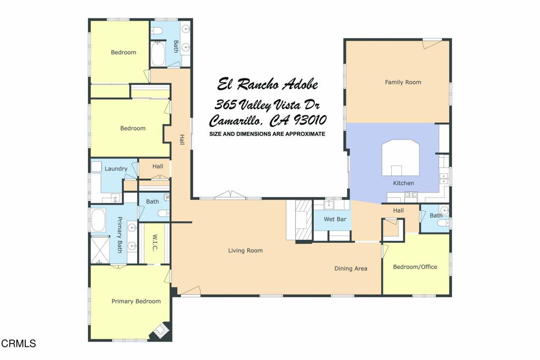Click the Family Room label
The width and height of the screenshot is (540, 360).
pyautogui.click(x=403, y=82)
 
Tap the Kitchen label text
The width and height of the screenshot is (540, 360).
pyautogui.click(x=403, y=183)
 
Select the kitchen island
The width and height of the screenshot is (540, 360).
pyautogui.click(x=401, y=158)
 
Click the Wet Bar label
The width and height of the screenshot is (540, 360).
pyautogui.click(x=335, y=219)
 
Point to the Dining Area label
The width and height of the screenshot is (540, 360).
pyautogui.click(x=351, y=268)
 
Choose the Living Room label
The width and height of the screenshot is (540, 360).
pyautogui.click(x=245, y=250)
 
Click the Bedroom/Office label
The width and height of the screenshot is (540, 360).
pyautogui.click(x=415, y=267)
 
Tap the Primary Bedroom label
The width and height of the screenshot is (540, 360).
pyautogui.click(x=136, y=301)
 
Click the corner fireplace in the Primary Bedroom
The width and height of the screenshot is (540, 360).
pyautogui.click(x=161, y=331)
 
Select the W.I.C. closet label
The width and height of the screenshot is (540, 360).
pyautogui.click(x=155, y=243)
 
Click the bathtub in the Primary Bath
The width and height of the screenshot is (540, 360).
pyautogui.click(x=98, y=220)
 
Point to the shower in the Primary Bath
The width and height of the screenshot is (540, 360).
pyautogui.click(x=100, y=250)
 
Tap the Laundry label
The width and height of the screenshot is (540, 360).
pyautogui.click(x=116, y=169)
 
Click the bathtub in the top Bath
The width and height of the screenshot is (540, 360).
pyautogui.click(x=158, y=53)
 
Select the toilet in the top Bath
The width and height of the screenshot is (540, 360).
pyautogui.click(x=157, y=31)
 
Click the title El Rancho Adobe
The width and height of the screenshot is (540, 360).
pyautogui.click(x=267, y=84)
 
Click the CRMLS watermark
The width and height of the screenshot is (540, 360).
pyautogui.click(x=18, y=344)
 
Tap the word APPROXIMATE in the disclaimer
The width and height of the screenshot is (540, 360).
pyautogui.click(x=305, y=134)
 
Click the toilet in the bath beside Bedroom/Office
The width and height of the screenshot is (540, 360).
pyautogui.click(x=443, y=222)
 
